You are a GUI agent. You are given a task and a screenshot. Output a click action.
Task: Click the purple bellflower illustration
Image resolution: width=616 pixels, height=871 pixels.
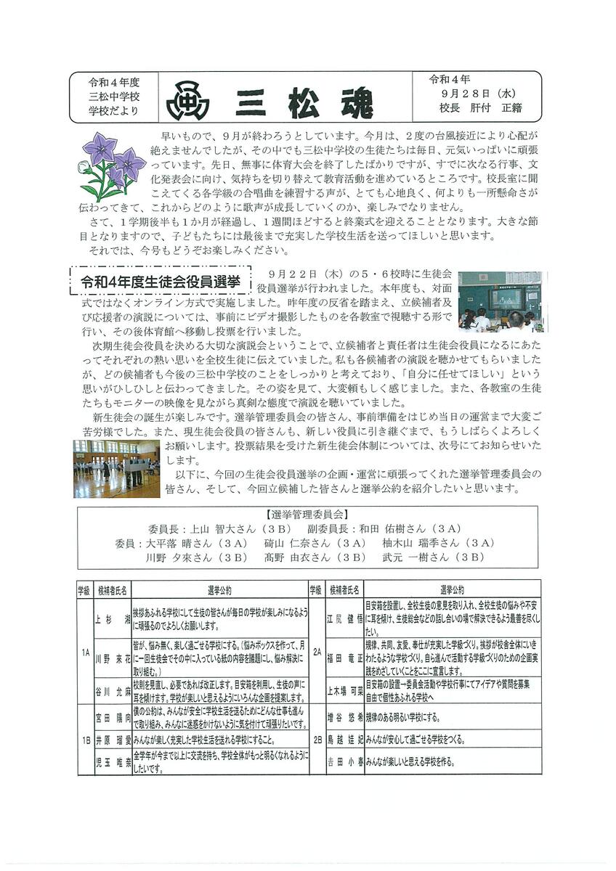tap(110, 165)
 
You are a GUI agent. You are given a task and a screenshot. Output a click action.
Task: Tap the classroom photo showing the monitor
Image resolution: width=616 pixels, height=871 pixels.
tap(502, 300)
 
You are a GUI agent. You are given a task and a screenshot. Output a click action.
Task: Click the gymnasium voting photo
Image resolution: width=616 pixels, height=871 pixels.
tap(116, 468)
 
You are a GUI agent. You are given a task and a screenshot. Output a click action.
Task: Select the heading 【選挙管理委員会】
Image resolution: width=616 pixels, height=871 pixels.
tap(307, 515)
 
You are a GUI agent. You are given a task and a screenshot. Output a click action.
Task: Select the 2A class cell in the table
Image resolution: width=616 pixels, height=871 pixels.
tap(316, 653)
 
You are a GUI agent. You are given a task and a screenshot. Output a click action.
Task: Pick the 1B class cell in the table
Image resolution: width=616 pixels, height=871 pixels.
tap(85, 740)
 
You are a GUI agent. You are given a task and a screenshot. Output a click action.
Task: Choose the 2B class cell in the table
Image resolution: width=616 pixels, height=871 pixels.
tap(316, 740)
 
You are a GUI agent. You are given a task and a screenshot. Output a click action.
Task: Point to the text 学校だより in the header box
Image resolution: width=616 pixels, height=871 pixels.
tap(113, 111)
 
